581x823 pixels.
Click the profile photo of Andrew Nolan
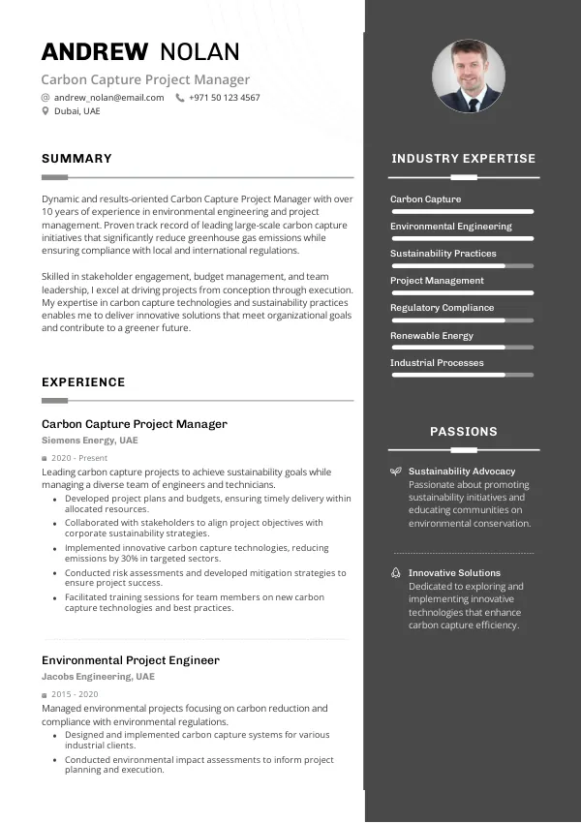coord(469,76)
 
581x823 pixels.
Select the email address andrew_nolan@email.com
coord(108,98)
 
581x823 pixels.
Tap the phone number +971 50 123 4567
coord(224,98)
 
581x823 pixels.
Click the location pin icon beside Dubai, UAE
coord(46,111)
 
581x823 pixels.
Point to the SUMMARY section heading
coord(76,159)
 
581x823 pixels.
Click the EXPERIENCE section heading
coord(83,382)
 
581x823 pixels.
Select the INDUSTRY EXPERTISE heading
coord(463,159)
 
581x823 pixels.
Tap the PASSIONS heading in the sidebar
coord(464,432)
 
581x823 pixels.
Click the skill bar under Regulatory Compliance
coord(462,320)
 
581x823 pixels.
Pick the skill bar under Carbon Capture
coord(462,211)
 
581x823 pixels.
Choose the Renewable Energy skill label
coord(431,336)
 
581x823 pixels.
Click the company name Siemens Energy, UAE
coord(90,441)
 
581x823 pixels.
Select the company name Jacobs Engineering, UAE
coord(98,677)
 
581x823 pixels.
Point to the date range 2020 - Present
coord(78,458)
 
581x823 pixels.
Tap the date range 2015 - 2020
coord(75,694)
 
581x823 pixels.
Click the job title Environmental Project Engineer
coord(131,660)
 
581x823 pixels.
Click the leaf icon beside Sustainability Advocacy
coord(395,472)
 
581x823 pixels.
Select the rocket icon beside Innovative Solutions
coord(395,573)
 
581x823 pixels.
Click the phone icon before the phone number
coord(179,98)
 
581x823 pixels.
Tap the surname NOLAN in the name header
coord(199,52)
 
